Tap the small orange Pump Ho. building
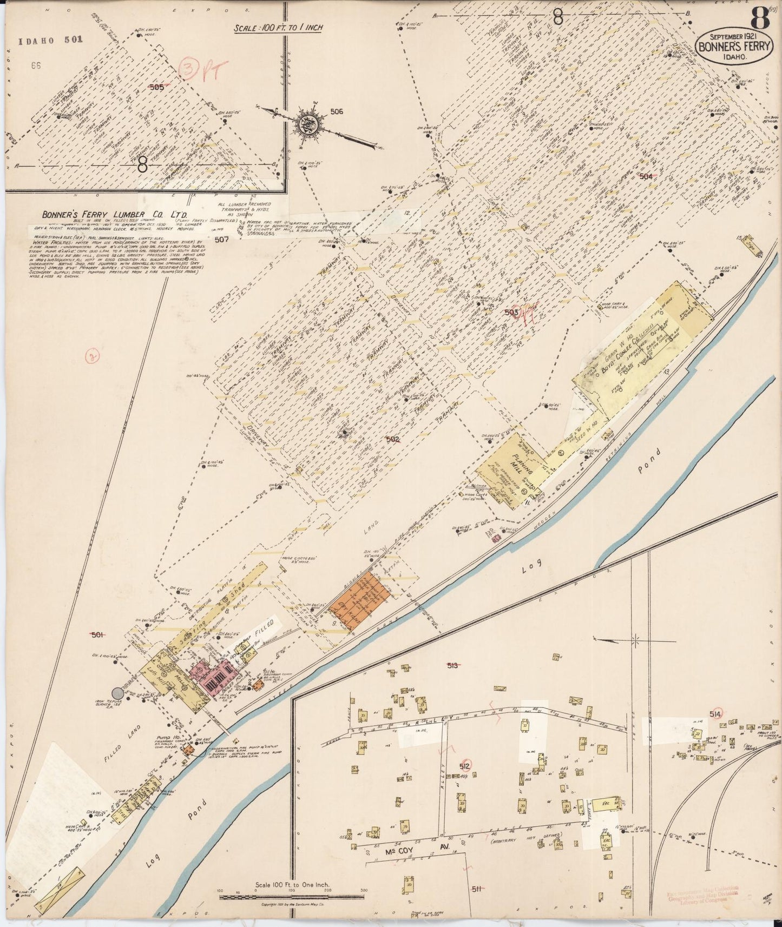coord(188,751)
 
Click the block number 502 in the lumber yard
coord(392,440)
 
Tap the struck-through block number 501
coord(97,635)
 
